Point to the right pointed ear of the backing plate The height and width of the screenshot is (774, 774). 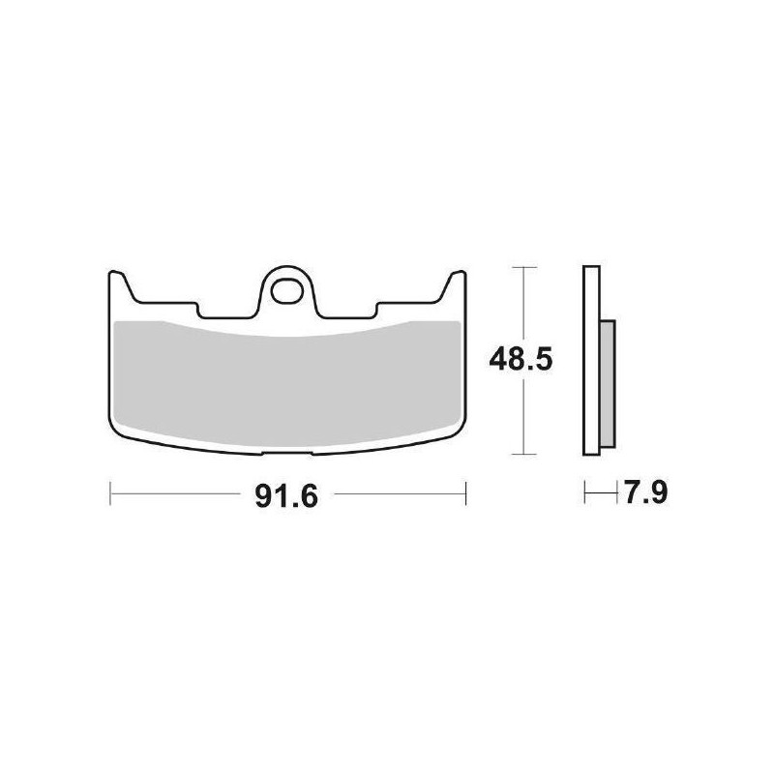(455, 281)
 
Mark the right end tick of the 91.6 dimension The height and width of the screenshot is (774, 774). (465, 494)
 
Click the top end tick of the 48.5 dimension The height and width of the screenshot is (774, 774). (523, 266)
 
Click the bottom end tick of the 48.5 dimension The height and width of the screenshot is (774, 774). (523, 454)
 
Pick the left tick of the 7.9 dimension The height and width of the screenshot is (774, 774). (584, 494)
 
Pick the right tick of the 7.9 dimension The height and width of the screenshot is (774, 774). (616, 494)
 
